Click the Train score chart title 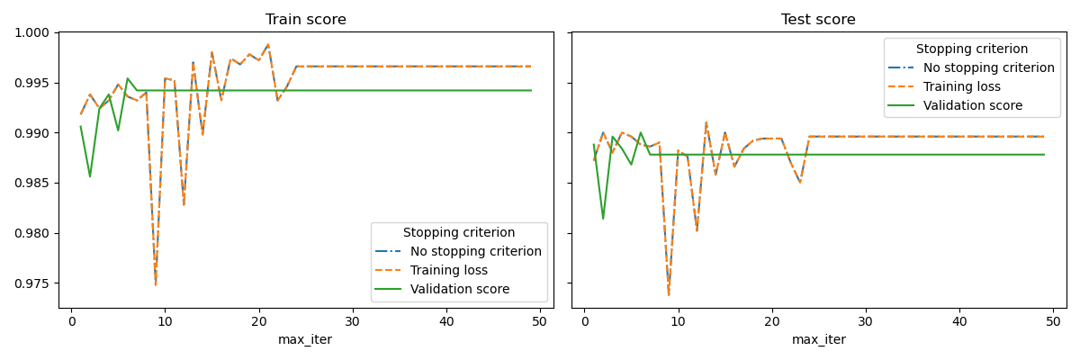[x=305, y=20]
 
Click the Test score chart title [x=818, y=20]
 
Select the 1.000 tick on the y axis [x=34, y=32]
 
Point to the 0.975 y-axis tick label [x=34, y=283]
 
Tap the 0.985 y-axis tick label [x=34, y=183]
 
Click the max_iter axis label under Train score [x=305, y=339]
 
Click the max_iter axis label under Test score [x=818, y=339]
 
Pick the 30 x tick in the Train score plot [x=353, y=322]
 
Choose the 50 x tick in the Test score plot [x=1053, y=322]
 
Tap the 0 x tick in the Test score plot [x=584, y=322]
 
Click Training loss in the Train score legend [x=449, y=270]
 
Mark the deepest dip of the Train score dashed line [x=156, y=285]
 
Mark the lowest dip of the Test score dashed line [x=669, y=294]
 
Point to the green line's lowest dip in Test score [x=603, y=219]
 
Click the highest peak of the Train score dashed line [x=268, y=44]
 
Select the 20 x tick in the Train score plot [x=259, y=322]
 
